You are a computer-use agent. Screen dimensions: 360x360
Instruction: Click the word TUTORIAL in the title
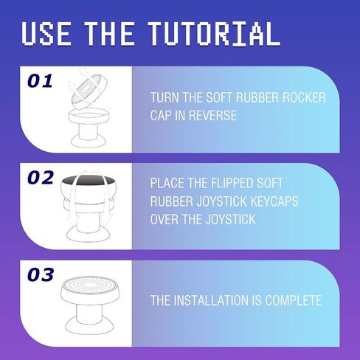214,33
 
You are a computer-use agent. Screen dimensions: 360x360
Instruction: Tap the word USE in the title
46,33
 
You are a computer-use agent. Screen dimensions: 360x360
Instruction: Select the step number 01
40,80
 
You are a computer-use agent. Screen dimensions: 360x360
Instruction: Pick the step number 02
41,178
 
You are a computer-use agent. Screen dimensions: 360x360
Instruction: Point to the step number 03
41,274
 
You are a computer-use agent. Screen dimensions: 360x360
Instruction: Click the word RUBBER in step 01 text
257,97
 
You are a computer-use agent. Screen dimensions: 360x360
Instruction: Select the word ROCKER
304,97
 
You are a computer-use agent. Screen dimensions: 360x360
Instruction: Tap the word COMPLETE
294,300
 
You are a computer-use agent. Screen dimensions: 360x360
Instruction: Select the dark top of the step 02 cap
89,180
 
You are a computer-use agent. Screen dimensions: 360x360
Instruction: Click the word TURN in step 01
165,97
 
